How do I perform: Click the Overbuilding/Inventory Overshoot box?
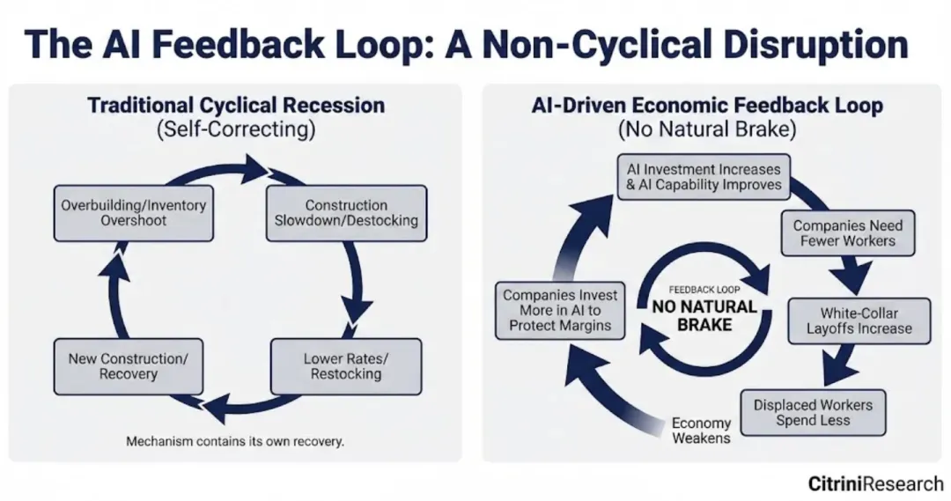point(134,213)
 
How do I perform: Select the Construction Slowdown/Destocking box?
point(346,213)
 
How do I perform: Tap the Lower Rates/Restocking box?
point(346,366)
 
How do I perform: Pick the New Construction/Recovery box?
point(129,366)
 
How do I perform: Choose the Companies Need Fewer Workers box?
point(847,232)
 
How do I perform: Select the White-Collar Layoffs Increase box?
point(859,320)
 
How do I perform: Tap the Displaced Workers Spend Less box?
point(813,412)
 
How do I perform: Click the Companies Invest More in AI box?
point(561,311)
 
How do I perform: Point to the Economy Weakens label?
point(701,431)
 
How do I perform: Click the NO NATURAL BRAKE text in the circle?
point(704,314)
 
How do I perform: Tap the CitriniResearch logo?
point(875,483)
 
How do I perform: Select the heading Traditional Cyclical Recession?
point(236,106)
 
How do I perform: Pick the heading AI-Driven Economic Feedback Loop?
point(707,106)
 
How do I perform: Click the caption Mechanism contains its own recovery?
point(235,441)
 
